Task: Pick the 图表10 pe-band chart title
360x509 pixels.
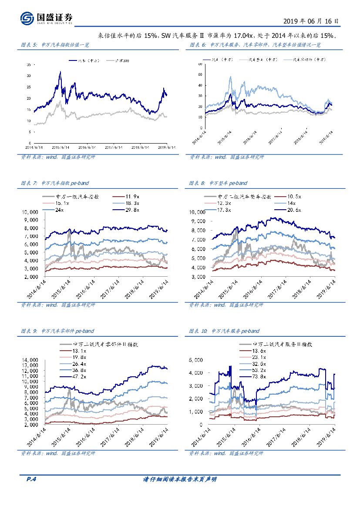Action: click(x=224, y=331)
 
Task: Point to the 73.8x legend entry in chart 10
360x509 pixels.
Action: click(x=258, y=376)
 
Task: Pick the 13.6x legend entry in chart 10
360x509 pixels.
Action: click(x=258, y=350)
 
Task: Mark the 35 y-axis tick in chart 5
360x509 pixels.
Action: click(x=28, y=64)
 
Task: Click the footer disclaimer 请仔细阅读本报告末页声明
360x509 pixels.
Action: click(x=180, y=479)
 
